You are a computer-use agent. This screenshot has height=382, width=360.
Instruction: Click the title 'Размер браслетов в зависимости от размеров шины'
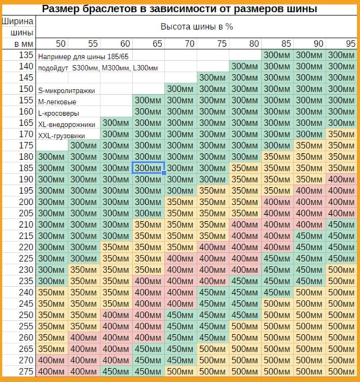pyautogui.click(x=180, y=9)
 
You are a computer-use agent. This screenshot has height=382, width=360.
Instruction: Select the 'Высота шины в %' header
pyautogui.click(x=196, y=27)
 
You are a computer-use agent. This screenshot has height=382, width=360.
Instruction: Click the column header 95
pyautogui.click(x=350, y=44)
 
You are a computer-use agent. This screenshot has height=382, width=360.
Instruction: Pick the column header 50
pyautogui.click(x=60, y=44)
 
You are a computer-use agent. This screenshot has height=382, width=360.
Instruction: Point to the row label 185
pyautogui.click(x=26, y=168)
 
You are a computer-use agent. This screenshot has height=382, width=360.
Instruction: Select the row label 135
pyautogui.click(x=26, y=55)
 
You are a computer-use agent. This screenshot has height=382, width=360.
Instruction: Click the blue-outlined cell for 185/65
pyautogui.click(x=148, y=168)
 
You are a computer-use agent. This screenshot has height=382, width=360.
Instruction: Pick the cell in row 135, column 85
pyautogui.click(x=278, y=55)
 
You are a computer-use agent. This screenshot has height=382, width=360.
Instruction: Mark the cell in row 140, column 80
pyautogui.click(x=245, y=66)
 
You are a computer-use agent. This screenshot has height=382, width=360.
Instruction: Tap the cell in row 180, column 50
pyautogui.click(x=52, y=157)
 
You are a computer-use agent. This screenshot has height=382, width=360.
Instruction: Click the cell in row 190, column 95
pyautogui.click(x=343, y=180)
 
